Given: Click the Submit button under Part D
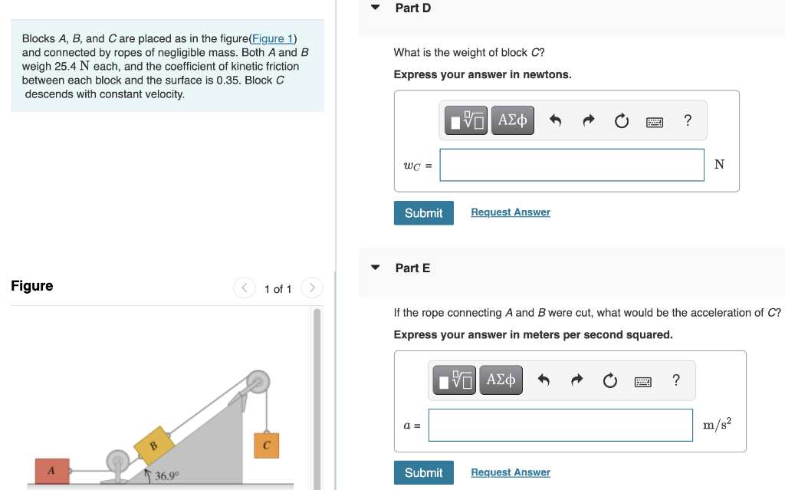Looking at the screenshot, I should pyautogui.click(x=423, y=212).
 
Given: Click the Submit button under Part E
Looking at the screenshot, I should pyautogui.click(x=423, y=472).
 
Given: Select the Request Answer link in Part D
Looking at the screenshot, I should pyautogui.click(x=511, y=212).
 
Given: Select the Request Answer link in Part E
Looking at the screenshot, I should pyautogui.click(x=511, y=472).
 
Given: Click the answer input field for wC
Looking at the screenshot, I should pyautogui.click(x=571, y=165).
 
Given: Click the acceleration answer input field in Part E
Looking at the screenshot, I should pyautogui.click(x=560, y=425).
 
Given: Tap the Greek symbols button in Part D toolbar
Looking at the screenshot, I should pyautogui.click(x=512, y=120).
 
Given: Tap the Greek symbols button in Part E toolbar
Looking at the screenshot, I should pyautogui.click(x=501, y=380).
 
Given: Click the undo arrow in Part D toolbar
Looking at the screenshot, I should pyautogui.click(x=556, y=120).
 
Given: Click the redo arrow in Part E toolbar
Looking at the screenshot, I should pyautogui.click(x=577, y=380).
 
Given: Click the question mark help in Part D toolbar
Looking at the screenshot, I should pyautogui.click(x=688, y=120).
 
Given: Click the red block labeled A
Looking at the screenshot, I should pyautogui.click(x=52, y=471).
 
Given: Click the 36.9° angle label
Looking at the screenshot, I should pyautogui.click(x=166, y=476).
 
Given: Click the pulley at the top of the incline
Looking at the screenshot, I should pyautogui.click(x=258, y=381).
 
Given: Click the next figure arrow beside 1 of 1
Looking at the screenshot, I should pyautogui.click(x=311, y=288).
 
